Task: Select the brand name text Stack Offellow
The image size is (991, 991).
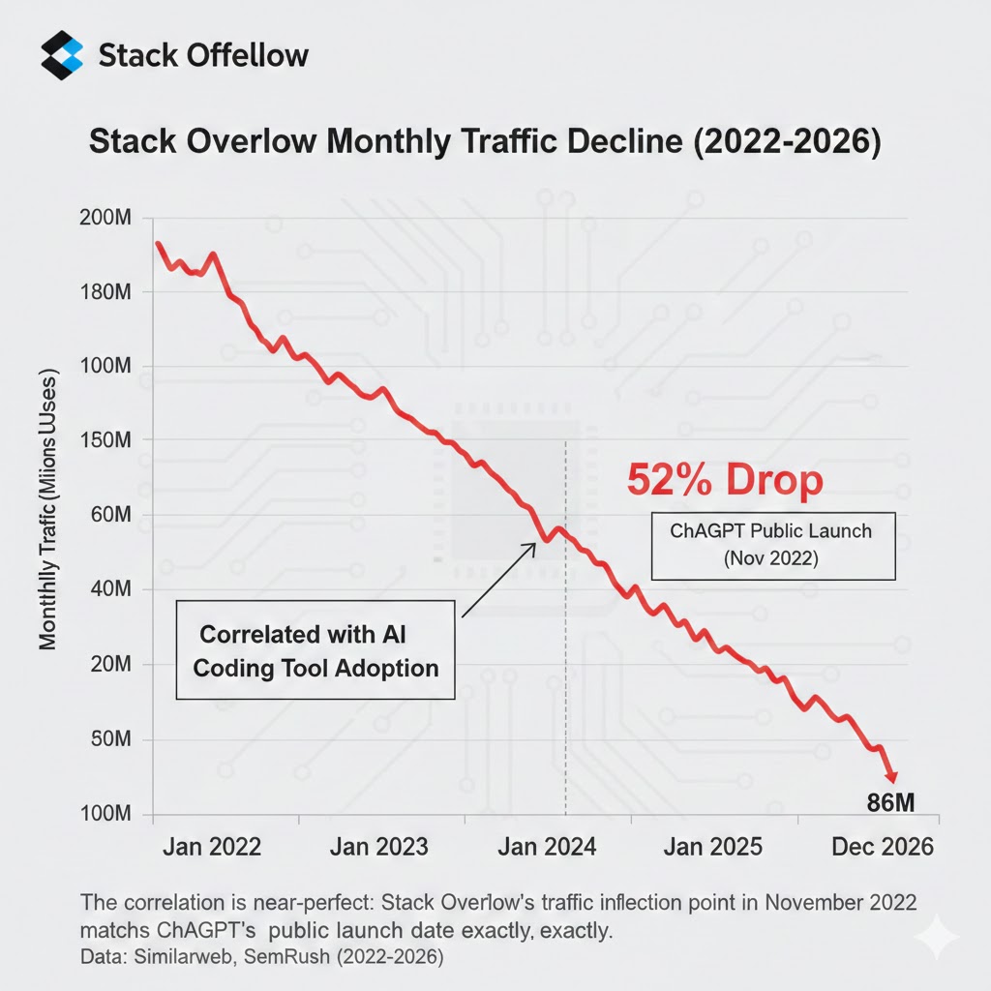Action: (203, 56)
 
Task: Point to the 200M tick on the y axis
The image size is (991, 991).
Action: (103, 219)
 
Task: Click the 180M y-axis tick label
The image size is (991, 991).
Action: (103, 292)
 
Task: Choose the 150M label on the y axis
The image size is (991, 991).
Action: (103, 441)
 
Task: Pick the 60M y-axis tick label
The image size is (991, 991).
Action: (105, 516)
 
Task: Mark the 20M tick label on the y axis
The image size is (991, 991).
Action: (105, 666)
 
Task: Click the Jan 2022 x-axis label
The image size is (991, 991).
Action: (212, 847)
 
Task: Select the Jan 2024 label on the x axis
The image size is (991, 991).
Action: (548, 847)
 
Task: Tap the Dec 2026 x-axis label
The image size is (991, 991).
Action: (883, 847)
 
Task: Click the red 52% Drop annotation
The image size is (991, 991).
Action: (725, 481)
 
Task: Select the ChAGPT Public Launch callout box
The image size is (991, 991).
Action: (771, 546)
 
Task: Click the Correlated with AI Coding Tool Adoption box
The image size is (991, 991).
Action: (315, 649)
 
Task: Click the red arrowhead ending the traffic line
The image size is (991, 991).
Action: (891, 777)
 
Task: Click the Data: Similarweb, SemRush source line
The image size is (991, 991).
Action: (261, 956)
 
